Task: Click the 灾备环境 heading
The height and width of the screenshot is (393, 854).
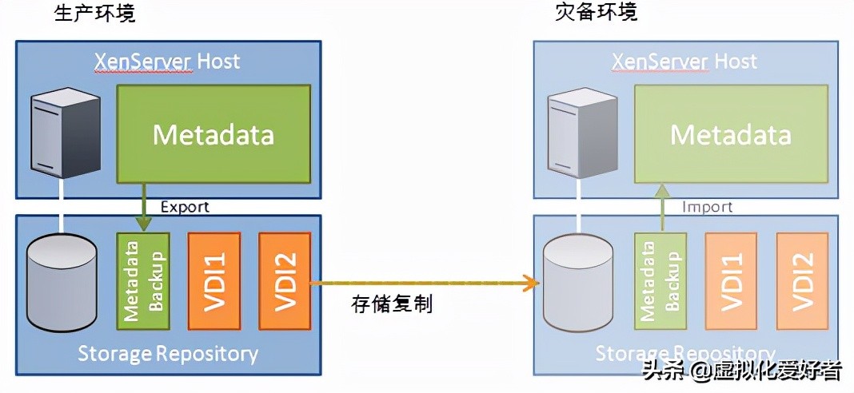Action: pyautogui.click(x=597, y=14)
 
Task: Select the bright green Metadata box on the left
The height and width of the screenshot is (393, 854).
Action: pyautogui.click(x=213, y=133)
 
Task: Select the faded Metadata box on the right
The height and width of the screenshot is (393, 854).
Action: pyautogui.click(x=731, y=133)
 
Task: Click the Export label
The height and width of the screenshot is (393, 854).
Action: pyautogui.click(x=185, y=207)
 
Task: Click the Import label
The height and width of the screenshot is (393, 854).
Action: pyautogui.click(x=707, y=207)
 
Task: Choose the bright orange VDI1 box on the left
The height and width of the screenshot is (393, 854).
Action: pyautogui.click(x=213, y=281)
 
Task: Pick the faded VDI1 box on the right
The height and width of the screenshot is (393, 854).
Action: pyautogui.click(x=731, y=281)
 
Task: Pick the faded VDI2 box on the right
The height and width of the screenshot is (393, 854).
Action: pyautogui.click(x=802, y=281)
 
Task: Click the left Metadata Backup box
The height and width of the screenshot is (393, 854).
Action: pyautogui.click(x=144, y=281)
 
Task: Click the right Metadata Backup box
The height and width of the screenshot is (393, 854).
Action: pyautogui.click(x=661, y=281)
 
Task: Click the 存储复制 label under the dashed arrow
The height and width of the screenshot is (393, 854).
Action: pyautogui.click(x=392, y=304)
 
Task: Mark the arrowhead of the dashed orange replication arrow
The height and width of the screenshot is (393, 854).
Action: pyautogui.click(x=527, y=281)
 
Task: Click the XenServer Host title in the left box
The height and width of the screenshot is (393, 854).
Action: pyautogui.click(x=167, y=61)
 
